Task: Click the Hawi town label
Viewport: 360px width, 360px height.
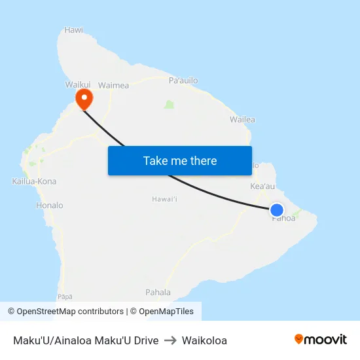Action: tap(74, 30)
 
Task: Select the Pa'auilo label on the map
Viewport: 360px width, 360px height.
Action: tap(183, 81)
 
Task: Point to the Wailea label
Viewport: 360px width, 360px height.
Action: tap(242, 120)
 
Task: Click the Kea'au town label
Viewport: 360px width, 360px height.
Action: tap(262, 187)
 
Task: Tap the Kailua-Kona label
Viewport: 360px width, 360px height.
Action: tap(34, 181)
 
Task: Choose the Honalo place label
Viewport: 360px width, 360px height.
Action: tap(50, 206)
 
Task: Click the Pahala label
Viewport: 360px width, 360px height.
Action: tap(158, 293)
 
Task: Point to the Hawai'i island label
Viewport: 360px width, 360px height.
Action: tap(165, 199)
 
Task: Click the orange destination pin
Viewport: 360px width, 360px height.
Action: tap(84, 99)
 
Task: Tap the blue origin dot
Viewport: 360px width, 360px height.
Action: tap(277, 210)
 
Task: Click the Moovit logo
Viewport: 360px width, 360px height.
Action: tap(321, 340)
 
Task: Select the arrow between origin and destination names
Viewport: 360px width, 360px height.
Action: tap(170, 340)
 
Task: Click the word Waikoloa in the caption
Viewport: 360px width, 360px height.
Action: tap(204, 340)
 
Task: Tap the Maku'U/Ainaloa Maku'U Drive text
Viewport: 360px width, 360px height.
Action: tap(86, 340)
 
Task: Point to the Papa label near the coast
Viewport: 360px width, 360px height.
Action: tap(65, 297)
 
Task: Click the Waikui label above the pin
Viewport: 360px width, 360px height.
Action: tap(78, 85)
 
